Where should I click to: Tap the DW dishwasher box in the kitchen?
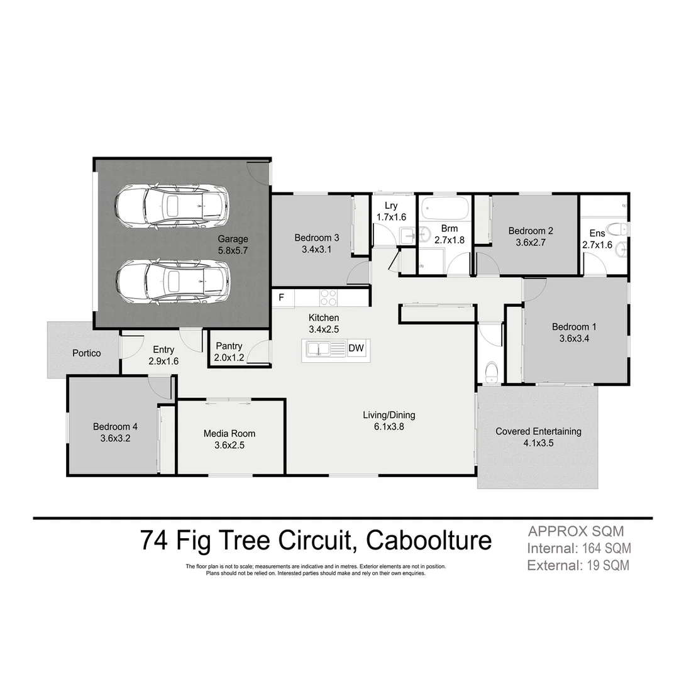(x=356, y=348)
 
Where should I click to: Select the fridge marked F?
(x=282, y=298)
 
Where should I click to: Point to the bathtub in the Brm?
(x=444, y=207)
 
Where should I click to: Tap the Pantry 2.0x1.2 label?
(x=229, y=352)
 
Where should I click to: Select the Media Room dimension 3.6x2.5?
(x=229, y=444)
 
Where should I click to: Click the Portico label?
(x=87, y=353)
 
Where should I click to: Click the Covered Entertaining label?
(x=538, y=431)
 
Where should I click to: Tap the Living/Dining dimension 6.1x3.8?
(x=389, y=426)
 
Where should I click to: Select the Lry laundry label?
(x=391, y=206)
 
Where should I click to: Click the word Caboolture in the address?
(x=429, y=541)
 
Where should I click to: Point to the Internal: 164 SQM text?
(x=578, y=548)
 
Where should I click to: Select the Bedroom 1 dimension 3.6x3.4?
(x=573, y=338)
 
